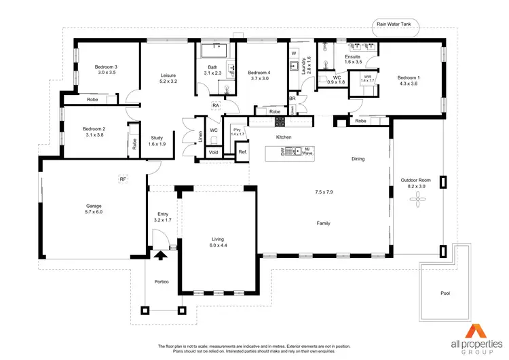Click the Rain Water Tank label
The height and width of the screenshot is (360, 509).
click(x=398, y=23)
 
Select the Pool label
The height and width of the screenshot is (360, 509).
click(x=445, y=294)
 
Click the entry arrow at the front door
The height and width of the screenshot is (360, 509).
click(x=160, y=256)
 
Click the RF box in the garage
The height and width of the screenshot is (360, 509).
click(x=123, y=179)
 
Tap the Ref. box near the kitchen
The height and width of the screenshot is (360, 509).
click(x=242, y=153)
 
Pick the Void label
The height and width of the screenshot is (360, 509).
click(x=214, y=153)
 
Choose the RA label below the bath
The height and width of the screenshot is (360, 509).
click(x=215, y=106)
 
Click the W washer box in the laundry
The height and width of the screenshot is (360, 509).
click(x=294, y=53)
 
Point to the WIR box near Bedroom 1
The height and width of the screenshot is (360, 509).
click(x=367, y=79)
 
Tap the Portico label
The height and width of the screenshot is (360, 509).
click(x=160, y=282)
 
